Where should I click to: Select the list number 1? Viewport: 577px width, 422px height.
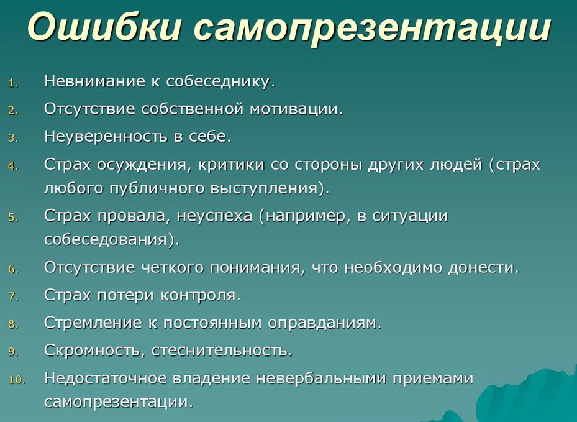pos(14,83)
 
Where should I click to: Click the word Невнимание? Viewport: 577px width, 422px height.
pos(92,81)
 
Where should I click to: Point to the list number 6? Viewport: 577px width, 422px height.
pos(14,270)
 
